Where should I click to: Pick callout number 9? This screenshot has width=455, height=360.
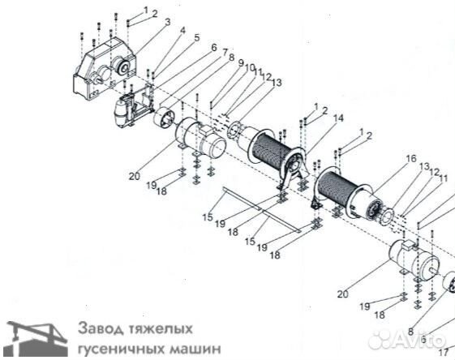[x=241, y=63]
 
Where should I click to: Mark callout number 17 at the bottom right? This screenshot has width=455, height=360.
[x=443, y=352]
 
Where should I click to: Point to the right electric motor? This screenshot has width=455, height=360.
[x=414, y=259]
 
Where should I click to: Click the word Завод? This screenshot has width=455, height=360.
[x=101, y=328]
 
